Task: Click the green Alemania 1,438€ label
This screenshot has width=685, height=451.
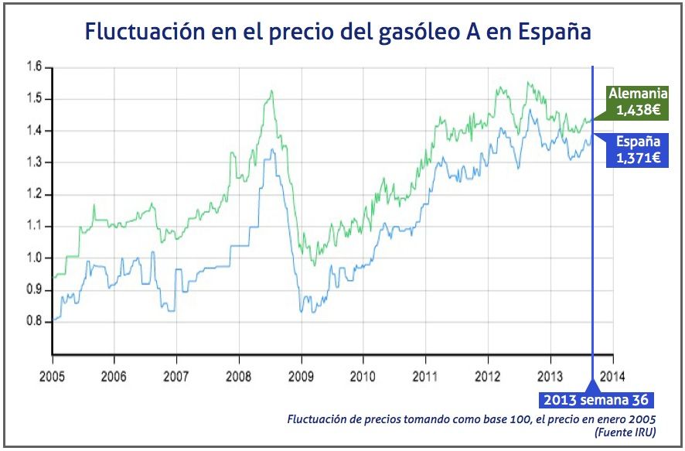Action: click(x=637, y=102)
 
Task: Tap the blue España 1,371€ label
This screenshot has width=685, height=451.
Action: click(x=637, y=149)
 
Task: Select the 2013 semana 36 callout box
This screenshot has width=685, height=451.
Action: click(x=596, y=400)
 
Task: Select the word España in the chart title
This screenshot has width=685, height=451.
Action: click(x=555, y=33)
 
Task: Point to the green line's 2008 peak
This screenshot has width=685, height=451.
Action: click(x=271, y=91)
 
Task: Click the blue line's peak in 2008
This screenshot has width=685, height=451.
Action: click(x=272, y=149)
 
